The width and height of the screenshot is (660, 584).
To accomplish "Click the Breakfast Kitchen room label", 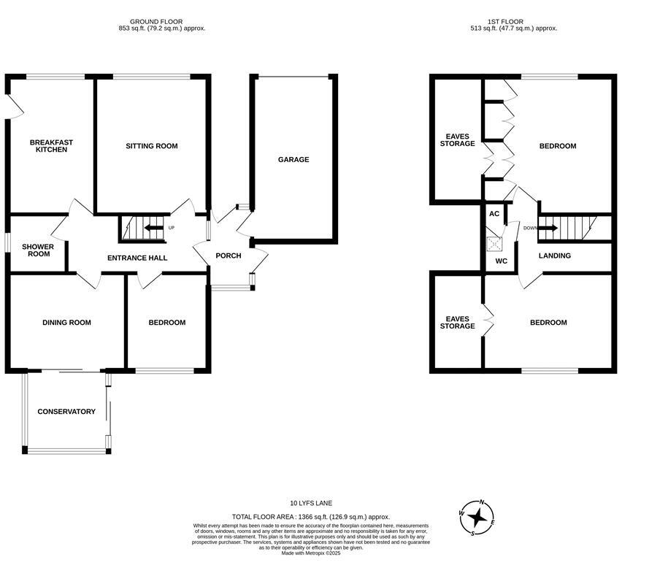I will pyautogui.click(x=51, y=146).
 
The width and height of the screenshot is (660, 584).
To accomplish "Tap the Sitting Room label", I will pyautogui.click(x=152, y=146).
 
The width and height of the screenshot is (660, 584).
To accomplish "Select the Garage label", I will pyautogui.click(x=293, y=159).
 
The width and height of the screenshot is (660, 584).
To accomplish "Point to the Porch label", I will pyautogui.click(x=228, y=256).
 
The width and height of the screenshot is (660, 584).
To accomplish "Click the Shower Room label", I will pyautogui.click(x=35, y=250).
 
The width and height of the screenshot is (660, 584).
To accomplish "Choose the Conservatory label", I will pyautogui.click(x=66, y=412).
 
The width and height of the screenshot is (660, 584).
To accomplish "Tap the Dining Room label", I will pyautogui.click(x=66, y=323).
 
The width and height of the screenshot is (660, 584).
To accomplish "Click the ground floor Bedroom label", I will pyautogui.click(x=166, y=323).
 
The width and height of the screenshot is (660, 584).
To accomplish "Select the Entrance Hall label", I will pyautogui.click(x=137, y=258).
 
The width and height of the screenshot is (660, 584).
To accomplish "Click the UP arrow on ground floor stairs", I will pyautogui.click(x=154, y=228).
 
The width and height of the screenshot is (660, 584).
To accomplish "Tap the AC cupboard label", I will pyautogui.click(x=494, y=214).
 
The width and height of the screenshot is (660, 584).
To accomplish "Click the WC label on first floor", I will pyautogui.click(x=501, y=261).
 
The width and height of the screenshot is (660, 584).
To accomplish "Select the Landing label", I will pyautogui.click(x=555, y=255).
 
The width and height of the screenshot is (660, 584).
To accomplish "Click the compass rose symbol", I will pyautogui.click(x=477, y=518).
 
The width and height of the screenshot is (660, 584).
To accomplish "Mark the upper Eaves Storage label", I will pyautogui.click(x=457, y=140).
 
